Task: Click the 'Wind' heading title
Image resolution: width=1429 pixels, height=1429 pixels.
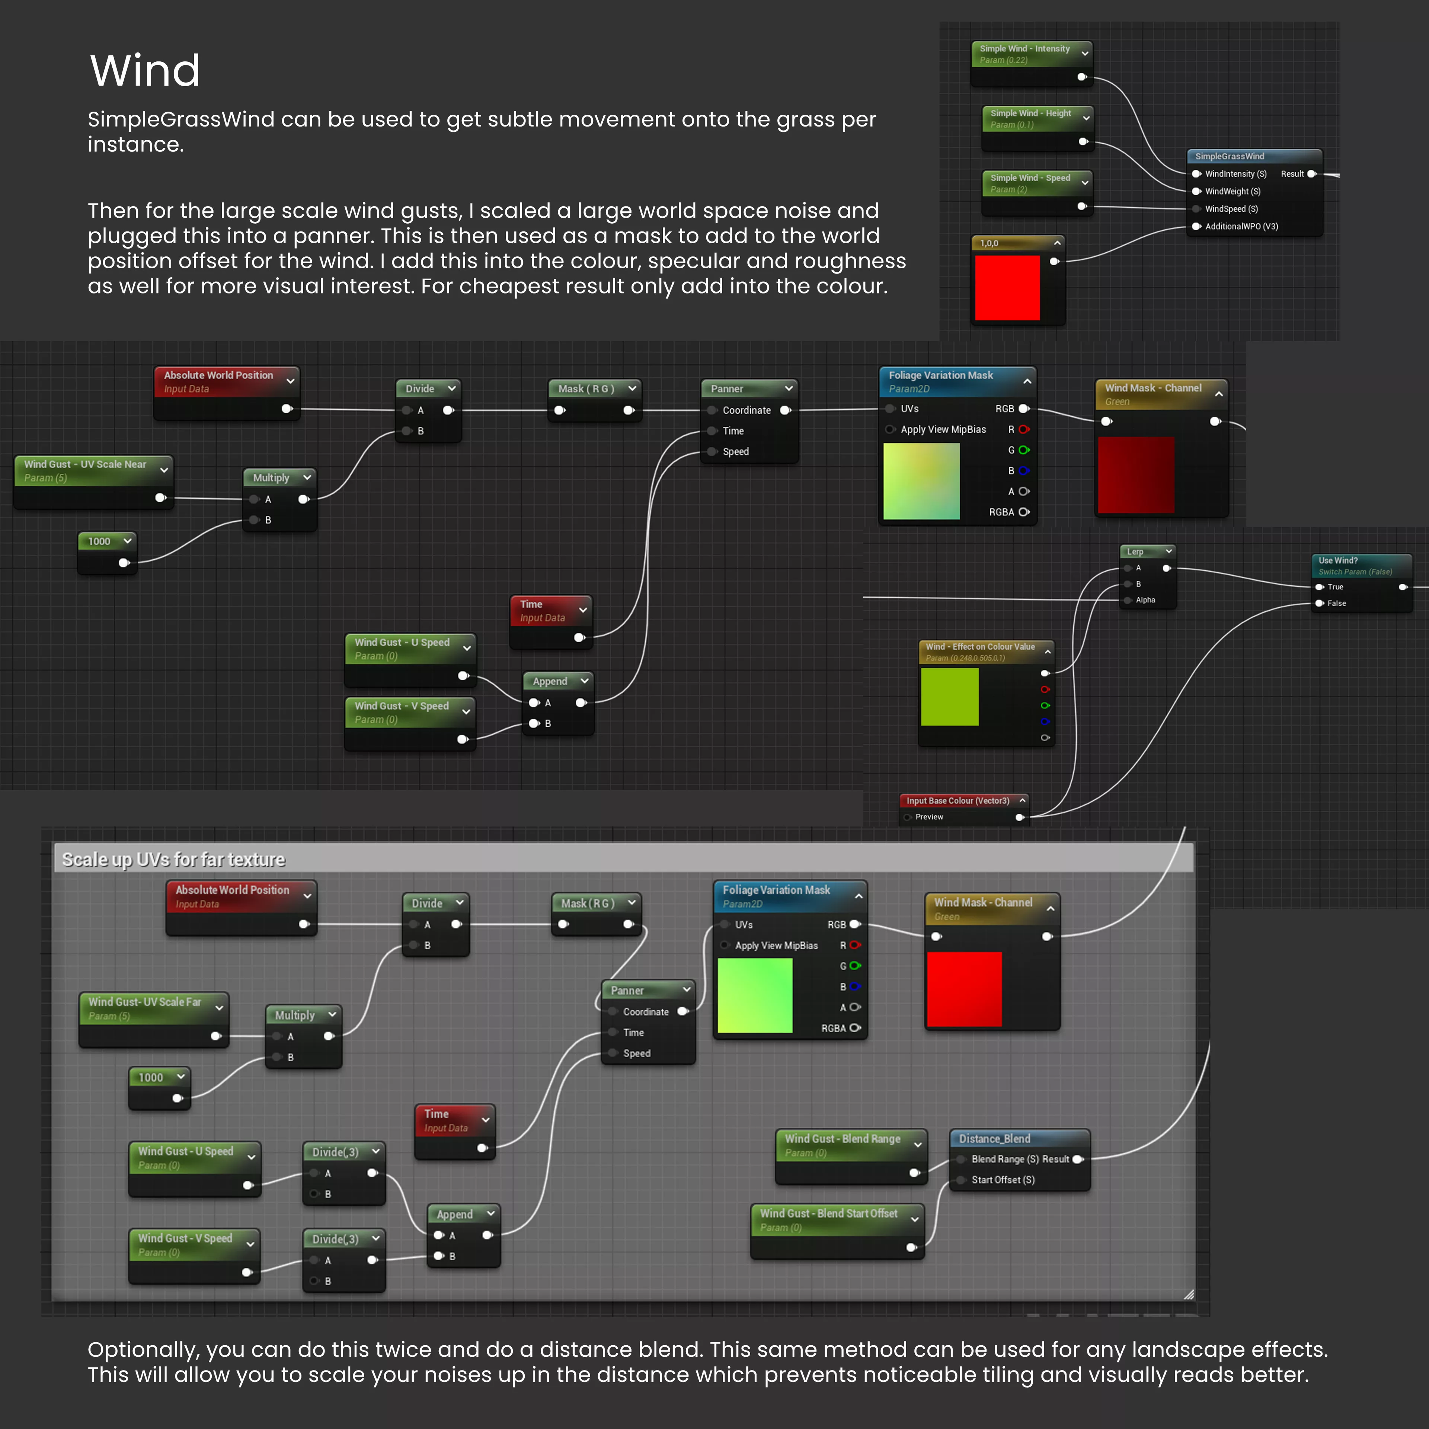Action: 145,71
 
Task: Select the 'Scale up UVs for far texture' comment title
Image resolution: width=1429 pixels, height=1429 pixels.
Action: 173,860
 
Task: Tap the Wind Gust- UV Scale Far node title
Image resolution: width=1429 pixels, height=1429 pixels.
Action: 145,1002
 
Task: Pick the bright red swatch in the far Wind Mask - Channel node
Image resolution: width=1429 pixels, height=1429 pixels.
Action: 964,989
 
